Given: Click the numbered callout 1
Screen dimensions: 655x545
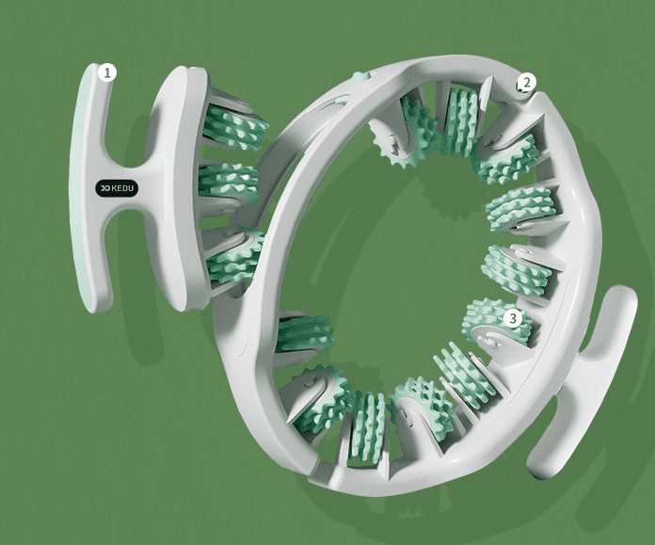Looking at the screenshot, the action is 108,73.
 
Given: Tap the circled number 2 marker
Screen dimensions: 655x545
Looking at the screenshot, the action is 527,82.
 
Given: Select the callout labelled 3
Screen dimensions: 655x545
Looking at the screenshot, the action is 513,319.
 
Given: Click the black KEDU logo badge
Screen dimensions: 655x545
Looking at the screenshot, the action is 117,188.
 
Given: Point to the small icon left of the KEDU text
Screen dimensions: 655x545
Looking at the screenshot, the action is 105,189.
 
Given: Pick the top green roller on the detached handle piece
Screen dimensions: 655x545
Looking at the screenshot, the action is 234,127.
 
